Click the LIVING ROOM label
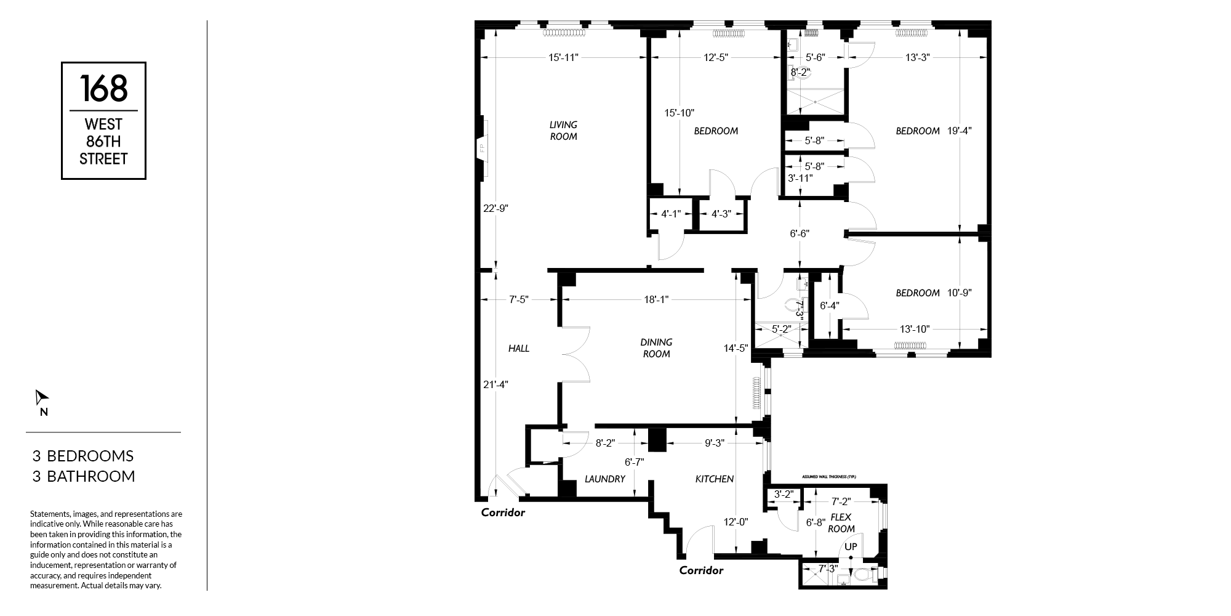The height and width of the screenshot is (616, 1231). (x=563, y=131)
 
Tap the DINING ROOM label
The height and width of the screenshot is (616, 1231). (x=656, y=348)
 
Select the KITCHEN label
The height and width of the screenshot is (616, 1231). (x=715, y=479)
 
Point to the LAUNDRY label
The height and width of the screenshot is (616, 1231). (x=605, y=479)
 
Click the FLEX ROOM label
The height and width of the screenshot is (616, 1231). (x=841, y=523)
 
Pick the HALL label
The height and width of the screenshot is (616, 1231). (x=519, y=349)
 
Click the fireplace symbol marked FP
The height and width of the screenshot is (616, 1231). (x=483, y=148)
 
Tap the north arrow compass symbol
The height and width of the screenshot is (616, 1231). (x=41, y=398)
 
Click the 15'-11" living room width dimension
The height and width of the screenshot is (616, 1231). (x=563, y=57)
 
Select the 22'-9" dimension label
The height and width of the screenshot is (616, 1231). (x=495, y=208)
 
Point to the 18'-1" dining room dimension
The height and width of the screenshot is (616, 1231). (x=656, y=300)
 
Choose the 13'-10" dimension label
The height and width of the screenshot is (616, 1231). (x=915, y=330)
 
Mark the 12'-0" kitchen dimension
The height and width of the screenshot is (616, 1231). (x=736, y=522)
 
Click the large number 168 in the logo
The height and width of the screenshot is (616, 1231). (x=103, y=88)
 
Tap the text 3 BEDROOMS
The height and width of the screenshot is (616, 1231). (x=83, y=456)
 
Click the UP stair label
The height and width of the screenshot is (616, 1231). (x=851, y=547)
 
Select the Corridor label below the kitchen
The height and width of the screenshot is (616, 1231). (x=701, y=570)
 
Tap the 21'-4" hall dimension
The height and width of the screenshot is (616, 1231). (x=495, y=384)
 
